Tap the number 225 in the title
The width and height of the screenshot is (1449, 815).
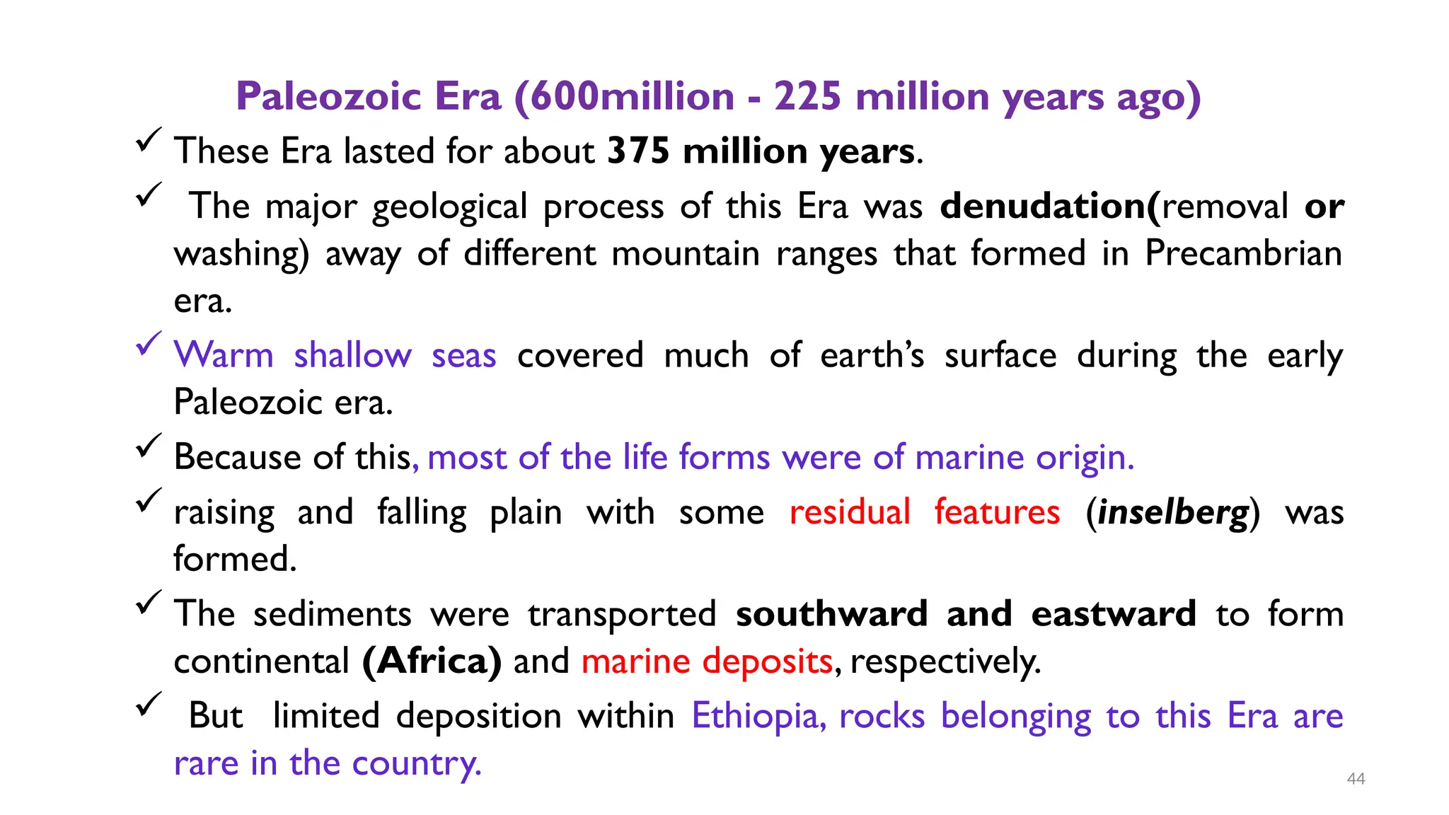click(807, 96)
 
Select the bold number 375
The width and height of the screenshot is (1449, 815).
click(638, 151)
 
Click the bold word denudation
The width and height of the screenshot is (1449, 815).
click(1046, 206)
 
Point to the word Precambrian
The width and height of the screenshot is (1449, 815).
click(1243, 253)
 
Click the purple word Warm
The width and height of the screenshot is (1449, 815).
click(224, 354)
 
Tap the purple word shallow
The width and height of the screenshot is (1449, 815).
click(352, 354)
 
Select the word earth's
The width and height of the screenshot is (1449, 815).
click(872, 354)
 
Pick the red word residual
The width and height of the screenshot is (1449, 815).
click(850, 511)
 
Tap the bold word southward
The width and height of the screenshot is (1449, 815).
click(831, 613)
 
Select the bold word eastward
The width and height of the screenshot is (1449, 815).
click(1114, 613)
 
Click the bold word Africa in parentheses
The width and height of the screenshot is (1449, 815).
click(432, 661)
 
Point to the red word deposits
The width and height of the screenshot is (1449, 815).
click(767, 661)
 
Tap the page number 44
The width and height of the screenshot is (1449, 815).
click(1356, 779)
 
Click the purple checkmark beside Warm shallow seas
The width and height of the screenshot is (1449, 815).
click(149, 345)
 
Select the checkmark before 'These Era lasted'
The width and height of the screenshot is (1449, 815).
click(149, 139)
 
